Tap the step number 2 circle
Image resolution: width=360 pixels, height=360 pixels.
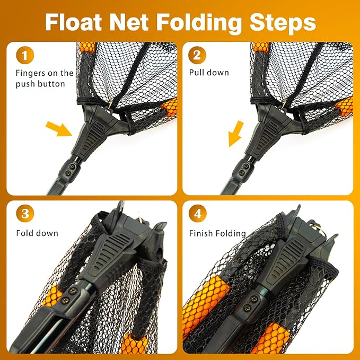point(197,55)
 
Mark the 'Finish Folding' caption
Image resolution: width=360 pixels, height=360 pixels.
point(217,233)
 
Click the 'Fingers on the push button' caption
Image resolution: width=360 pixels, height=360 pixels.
point(44,78)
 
